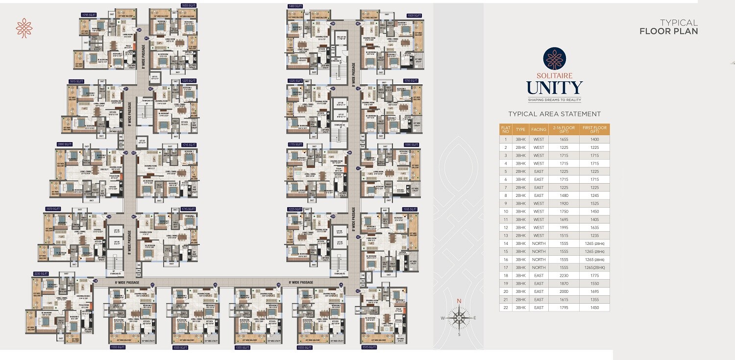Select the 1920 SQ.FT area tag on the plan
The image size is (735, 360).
pyautogui.click(x=415, y=16)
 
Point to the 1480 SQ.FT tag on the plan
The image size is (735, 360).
pyautogui.click(x=295, y=6)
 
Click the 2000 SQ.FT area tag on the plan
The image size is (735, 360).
pyautogui.click(x=64, y=144)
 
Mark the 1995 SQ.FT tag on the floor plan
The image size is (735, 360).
pyautogui.click(x=411, y=209)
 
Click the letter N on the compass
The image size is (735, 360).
pyautogui.click(x=459, y=301)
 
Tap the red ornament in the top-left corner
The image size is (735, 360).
pyautogui.click(x=24, y=28)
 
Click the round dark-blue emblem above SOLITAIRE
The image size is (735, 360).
pyautogui.click(x=554, y=59)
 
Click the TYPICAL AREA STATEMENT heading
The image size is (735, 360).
pyautogui.click(x=554, y=114)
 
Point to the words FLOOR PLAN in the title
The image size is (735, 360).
pyautogui.click(x=668, y=31)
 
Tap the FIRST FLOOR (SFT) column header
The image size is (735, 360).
pyautogui.click(x=594, y=130)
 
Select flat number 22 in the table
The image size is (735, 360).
pyautogui.click(x=505, y=308)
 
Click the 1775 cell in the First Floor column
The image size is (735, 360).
pyautogui.click(x=594, y=276)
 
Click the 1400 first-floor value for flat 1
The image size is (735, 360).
pyautogui.click(x=594, y=140)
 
